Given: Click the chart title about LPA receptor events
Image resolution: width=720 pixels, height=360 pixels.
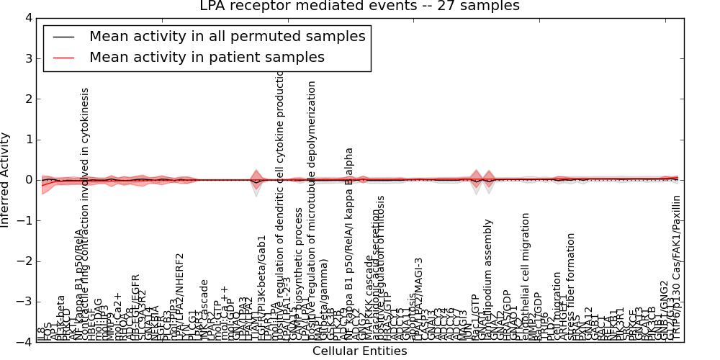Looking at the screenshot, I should point(359,6).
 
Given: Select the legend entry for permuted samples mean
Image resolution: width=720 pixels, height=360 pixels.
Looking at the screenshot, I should point(227,36).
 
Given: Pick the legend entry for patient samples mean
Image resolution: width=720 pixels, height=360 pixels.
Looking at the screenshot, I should point(207,57).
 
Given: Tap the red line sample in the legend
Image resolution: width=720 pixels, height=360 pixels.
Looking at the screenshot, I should point(63,57).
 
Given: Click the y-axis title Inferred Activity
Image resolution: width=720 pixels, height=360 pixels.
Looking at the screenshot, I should point(6,180).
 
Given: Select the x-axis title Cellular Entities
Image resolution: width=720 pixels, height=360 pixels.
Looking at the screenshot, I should point(359,351).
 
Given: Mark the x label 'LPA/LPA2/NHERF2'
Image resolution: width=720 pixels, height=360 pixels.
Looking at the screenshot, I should point(180,295).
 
